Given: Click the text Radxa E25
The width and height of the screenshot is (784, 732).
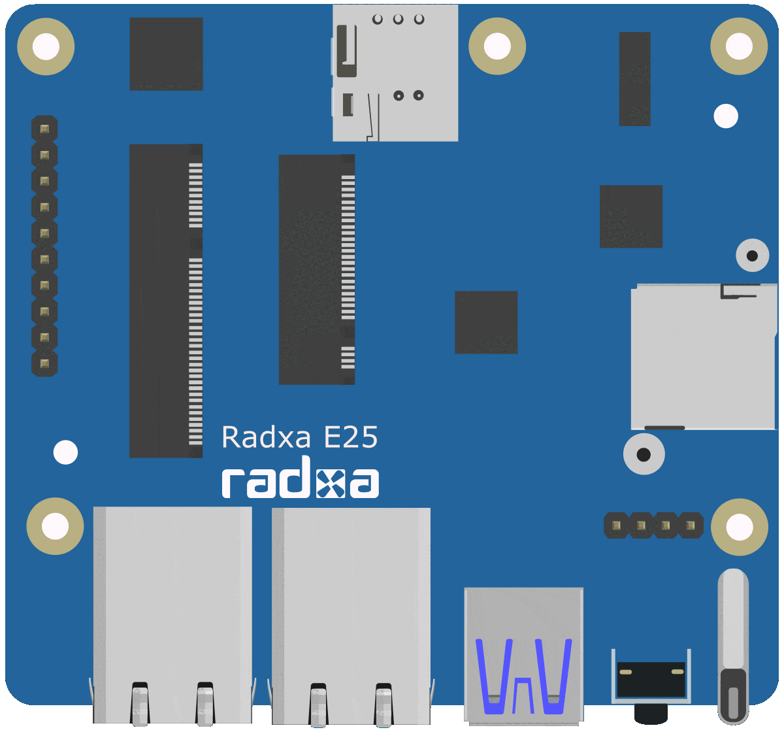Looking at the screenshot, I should pos(300,437).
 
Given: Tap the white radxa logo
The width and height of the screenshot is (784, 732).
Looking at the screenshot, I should pos(300,482).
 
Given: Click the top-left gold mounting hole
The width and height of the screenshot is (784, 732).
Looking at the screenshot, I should pos(46,46).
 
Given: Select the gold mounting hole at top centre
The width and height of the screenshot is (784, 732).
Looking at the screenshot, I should pos(497,46).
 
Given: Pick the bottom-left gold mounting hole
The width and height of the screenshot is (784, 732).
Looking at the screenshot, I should pos(55,525).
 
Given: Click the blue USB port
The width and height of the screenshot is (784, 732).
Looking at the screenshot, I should pos(523,654).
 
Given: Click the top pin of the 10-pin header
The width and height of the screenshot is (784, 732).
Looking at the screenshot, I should pos(44,129).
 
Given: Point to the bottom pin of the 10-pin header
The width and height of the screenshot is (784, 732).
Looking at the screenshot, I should pos(44,363).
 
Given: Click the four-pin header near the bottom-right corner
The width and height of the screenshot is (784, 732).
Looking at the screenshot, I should pos(653,525).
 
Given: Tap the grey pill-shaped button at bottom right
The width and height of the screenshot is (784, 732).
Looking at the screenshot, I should pos(732,644).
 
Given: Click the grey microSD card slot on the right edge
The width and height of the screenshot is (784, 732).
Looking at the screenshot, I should pos(704,356).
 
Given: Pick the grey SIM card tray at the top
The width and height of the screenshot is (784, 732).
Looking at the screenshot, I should pos(395,73).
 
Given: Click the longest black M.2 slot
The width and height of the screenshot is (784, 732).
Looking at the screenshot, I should pos(165,301).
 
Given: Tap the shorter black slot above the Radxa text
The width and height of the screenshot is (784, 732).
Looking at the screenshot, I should pos(316,269).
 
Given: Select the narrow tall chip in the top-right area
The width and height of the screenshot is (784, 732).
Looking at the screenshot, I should pos(634,78).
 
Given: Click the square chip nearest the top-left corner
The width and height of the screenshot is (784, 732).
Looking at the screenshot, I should pos(166,54).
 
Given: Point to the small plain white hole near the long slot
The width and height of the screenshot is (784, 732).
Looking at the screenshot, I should pos(65,452).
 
